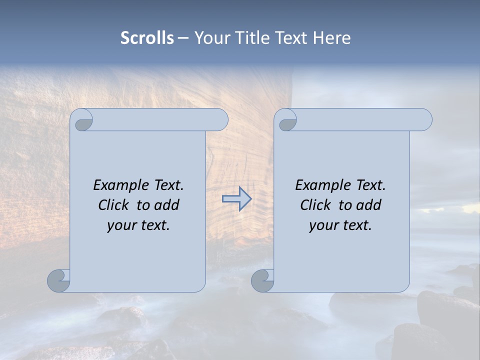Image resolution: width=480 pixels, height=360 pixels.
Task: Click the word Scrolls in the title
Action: pyautogui.click(x=147, y=38)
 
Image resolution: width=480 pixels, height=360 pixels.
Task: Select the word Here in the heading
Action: pyautogui.click(x=332, y=38)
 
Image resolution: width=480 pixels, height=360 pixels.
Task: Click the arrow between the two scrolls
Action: pyautogui.click(x=236, y=199)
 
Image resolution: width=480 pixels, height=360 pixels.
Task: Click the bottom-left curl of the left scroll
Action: pyautogui.click(x=59, y=280)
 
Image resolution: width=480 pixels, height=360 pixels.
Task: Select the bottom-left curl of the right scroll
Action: pyautogui.click(x=263, y=280)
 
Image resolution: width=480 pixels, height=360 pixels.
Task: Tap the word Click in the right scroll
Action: pyautogui.click(x=315, y=205)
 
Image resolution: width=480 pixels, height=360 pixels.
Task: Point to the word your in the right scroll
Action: pyautogui.click(x=322, y=226)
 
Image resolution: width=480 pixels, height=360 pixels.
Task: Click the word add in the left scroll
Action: pyautogui.click(x=167, y=205)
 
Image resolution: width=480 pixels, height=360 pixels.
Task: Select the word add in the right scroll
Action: pyautogui.click(x=369, y=205)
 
